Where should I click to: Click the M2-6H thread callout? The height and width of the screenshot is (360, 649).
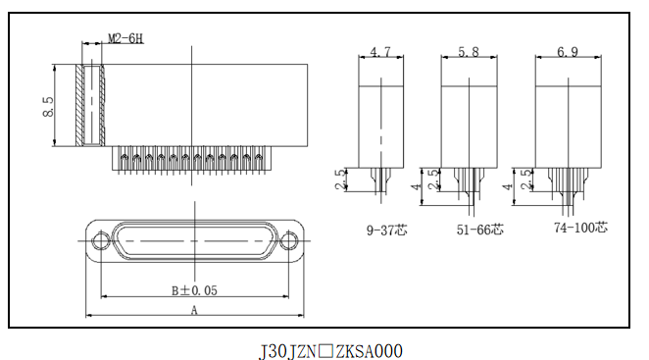click(x=125, y=38)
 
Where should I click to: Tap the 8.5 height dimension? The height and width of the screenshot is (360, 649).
click(x=48, y=107)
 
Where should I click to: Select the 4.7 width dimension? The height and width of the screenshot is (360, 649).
click(x=380, y=52)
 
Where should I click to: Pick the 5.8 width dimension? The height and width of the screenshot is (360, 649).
click(x=469, y=52)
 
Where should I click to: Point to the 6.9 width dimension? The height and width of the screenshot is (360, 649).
click(x=568, y=52)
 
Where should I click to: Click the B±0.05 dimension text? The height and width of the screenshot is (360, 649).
click(x=194, y=290)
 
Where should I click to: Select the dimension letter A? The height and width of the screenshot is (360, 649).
click(x=194, y=310)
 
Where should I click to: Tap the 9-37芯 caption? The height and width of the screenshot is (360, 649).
click(x=387, y=230)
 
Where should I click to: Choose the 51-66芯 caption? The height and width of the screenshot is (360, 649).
click(x=480, y=230)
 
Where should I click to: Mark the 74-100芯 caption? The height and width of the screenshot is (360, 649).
click(x=581, y=227)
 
